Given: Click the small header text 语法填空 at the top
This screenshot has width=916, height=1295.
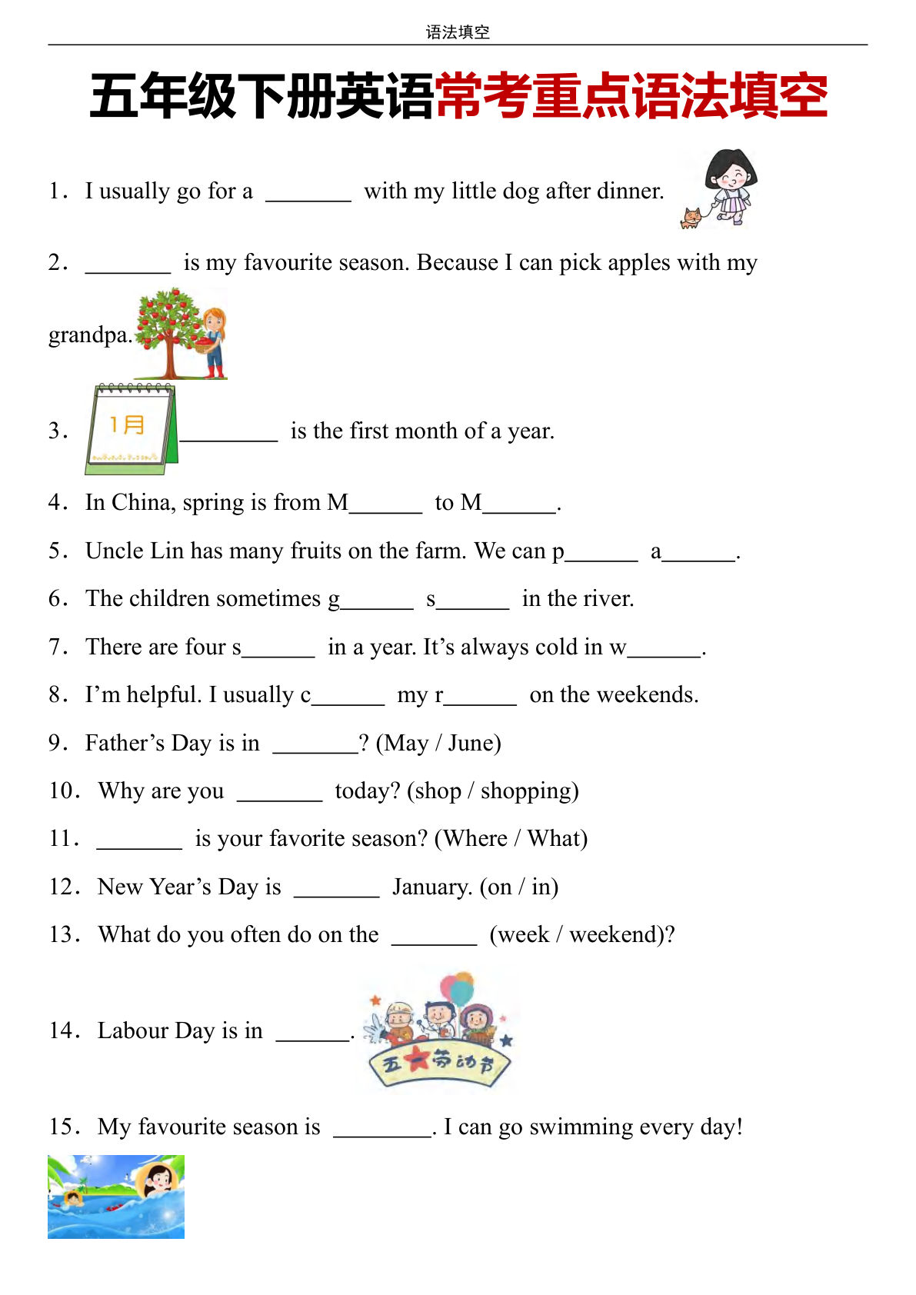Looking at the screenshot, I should (x=458, y=32).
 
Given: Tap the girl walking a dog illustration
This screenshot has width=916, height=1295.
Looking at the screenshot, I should (x=721, y=189).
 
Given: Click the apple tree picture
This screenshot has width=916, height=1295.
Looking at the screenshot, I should (x=181, y=334).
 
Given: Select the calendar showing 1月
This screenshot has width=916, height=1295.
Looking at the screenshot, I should (x=131, y=429).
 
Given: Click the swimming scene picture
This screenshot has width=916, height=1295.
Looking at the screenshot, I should (x=116, y=1196).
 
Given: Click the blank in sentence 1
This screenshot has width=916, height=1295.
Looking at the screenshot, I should (x=308, y=192).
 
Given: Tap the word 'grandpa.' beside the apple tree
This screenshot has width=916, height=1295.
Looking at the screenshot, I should (x=90, y=335).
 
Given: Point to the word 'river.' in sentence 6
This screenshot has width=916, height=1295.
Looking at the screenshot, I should (x=608, y=598).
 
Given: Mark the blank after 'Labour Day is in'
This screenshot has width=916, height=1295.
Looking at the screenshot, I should (x=312, y=1032).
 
